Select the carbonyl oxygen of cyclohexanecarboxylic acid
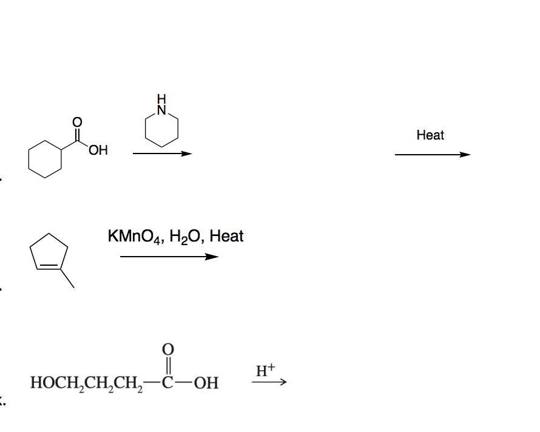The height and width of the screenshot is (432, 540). point(77,121)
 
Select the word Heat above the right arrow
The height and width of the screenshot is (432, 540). point(430,135)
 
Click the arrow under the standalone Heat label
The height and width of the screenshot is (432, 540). point(432,155)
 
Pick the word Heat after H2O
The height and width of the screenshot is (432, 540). point(226,236)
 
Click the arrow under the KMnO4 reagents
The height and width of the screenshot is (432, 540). point(169,257)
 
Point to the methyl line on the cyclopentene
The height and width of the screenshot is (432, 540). point(67,278)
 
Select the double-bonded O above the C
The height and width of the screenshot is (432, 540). point(168,349)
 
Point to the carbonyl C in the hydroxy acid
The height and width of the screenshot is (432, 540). point(168,384)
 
